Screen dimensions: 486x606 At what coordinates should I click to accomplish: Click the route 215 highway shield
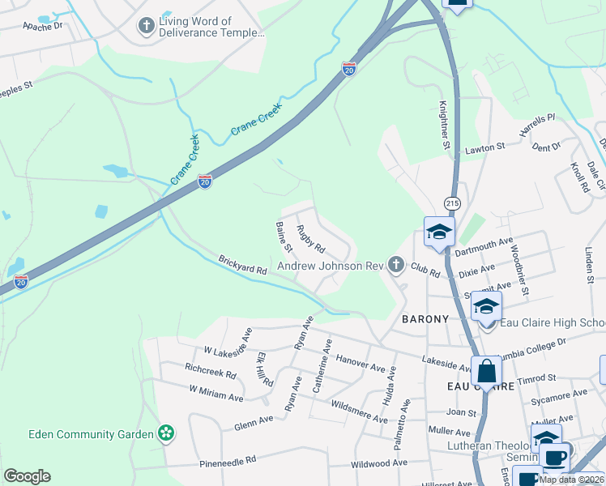click(451, 201)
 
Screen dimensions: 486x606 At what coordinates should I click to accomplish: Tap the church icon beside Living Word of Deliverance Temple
click(146, 27)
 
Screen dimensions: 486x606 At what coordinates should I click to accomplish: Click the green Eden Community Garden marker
click(166, 434)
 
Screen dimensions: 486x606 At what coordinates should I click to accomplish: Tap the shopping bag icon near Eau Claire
click(487, 372)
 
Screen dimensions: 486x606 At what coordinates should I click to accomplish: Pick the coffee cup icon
click(556, 457)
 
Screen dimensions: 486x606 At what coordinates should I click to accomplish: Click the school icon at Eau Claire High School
click(486, 307)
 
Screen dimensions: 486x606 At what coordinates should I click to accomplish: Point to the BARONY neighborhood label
click(425, 319)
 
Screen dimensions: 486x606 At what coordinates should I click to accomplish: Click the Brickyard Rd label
click(242, 269)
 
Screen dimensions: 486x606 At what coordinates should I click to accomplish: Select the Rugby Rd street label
click(310, 239)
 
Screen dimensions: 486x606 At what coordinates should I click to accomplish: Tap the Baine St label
click(284, 236)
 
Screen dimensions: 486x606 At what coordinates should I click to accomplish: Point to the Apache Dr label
click(42, 26)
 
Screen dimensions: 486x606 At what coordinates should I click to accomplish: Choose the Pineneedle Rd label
click(228, 459)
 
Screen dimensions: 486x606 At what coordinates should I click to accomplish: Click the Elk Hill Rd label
click(262, 369)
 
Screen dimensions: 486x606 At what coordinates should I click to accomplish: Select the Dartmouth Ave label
click(484, 248)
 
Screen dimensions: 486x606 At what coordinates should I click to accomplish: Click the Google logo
click(27, 475)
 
